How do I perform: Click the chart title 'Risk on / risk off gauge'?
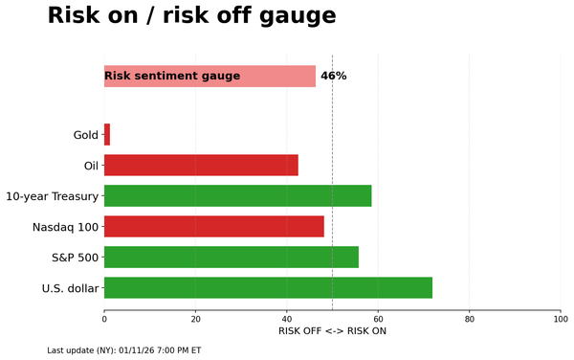[x=191, y=16]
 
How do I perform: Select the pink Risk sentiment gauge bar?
[x=210, y=77]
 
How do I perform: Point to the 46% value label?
[x=333, y=76]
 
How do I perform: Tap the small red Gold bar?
[x=107, y=135]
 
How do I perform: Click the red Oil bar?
[x=201, y=166]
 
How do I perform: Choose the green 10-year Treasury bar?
[x=237, y=196]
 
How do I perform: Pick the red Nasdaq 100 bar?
[x=213, y=227]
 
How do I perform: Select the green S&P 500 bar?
[x=231, y=258]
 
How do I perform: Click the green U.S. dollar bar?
[x=268, y=288]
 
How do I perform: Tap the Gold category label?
[x=85, y=135]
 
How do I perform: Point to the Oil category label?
[x=91, y=166]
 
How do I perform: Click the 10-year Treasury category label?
[x=52, y=196]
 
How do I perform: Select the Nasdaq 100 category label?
[x=65, y=227]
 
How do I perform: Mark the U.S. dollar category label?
[x=70, y=288]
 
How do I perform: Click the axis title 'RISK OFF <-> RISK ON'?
[x=332, y=331]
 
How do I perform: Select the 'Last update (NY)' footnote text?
[x=124, y=350]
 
